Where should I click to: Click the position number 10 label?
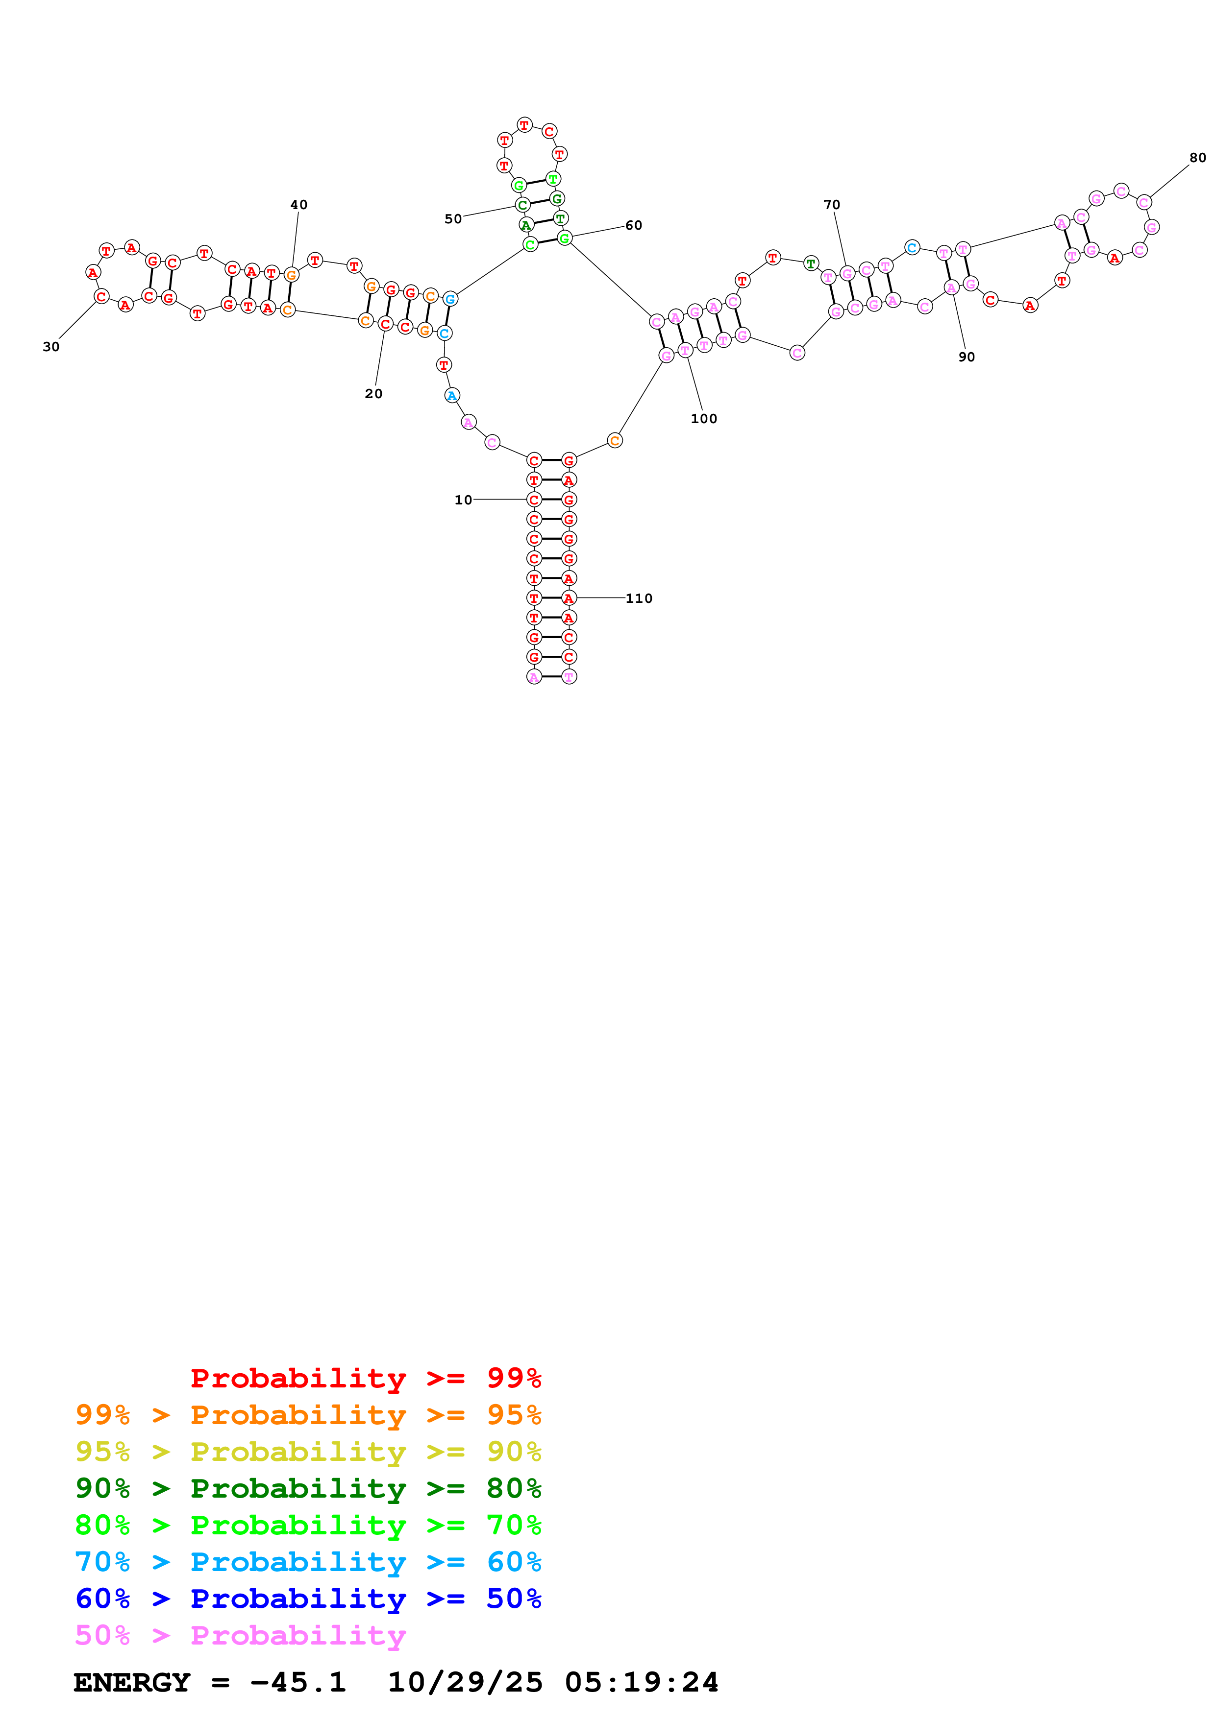point(463,500)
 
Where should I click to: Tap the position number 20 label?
point(373,394)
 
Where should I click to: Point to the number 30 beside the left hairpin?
point(51,346)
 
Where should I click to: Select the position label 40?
point(298,204)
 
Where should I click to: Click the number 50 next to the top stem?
point(453,218)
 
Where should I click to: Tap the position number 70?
point(832,204)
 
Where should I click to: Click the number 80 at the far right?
point(1198,158)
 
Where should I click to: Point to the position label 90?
point(967,357)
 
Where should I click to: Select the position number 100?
point(704,418)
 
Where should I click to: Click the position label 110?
point(639,598)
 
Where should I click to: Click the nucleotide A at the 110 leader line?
point(569,598)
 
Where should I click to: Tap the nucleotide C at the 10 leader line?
point(534,499)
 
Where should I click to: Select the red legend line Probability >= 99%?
point(365,1378)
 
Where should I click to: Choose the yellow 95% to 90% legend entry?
point(308,1451)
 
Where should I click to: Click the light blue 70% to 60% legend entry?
point(308,1562)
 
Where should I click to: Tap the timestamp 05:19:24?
point(642,1682)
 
